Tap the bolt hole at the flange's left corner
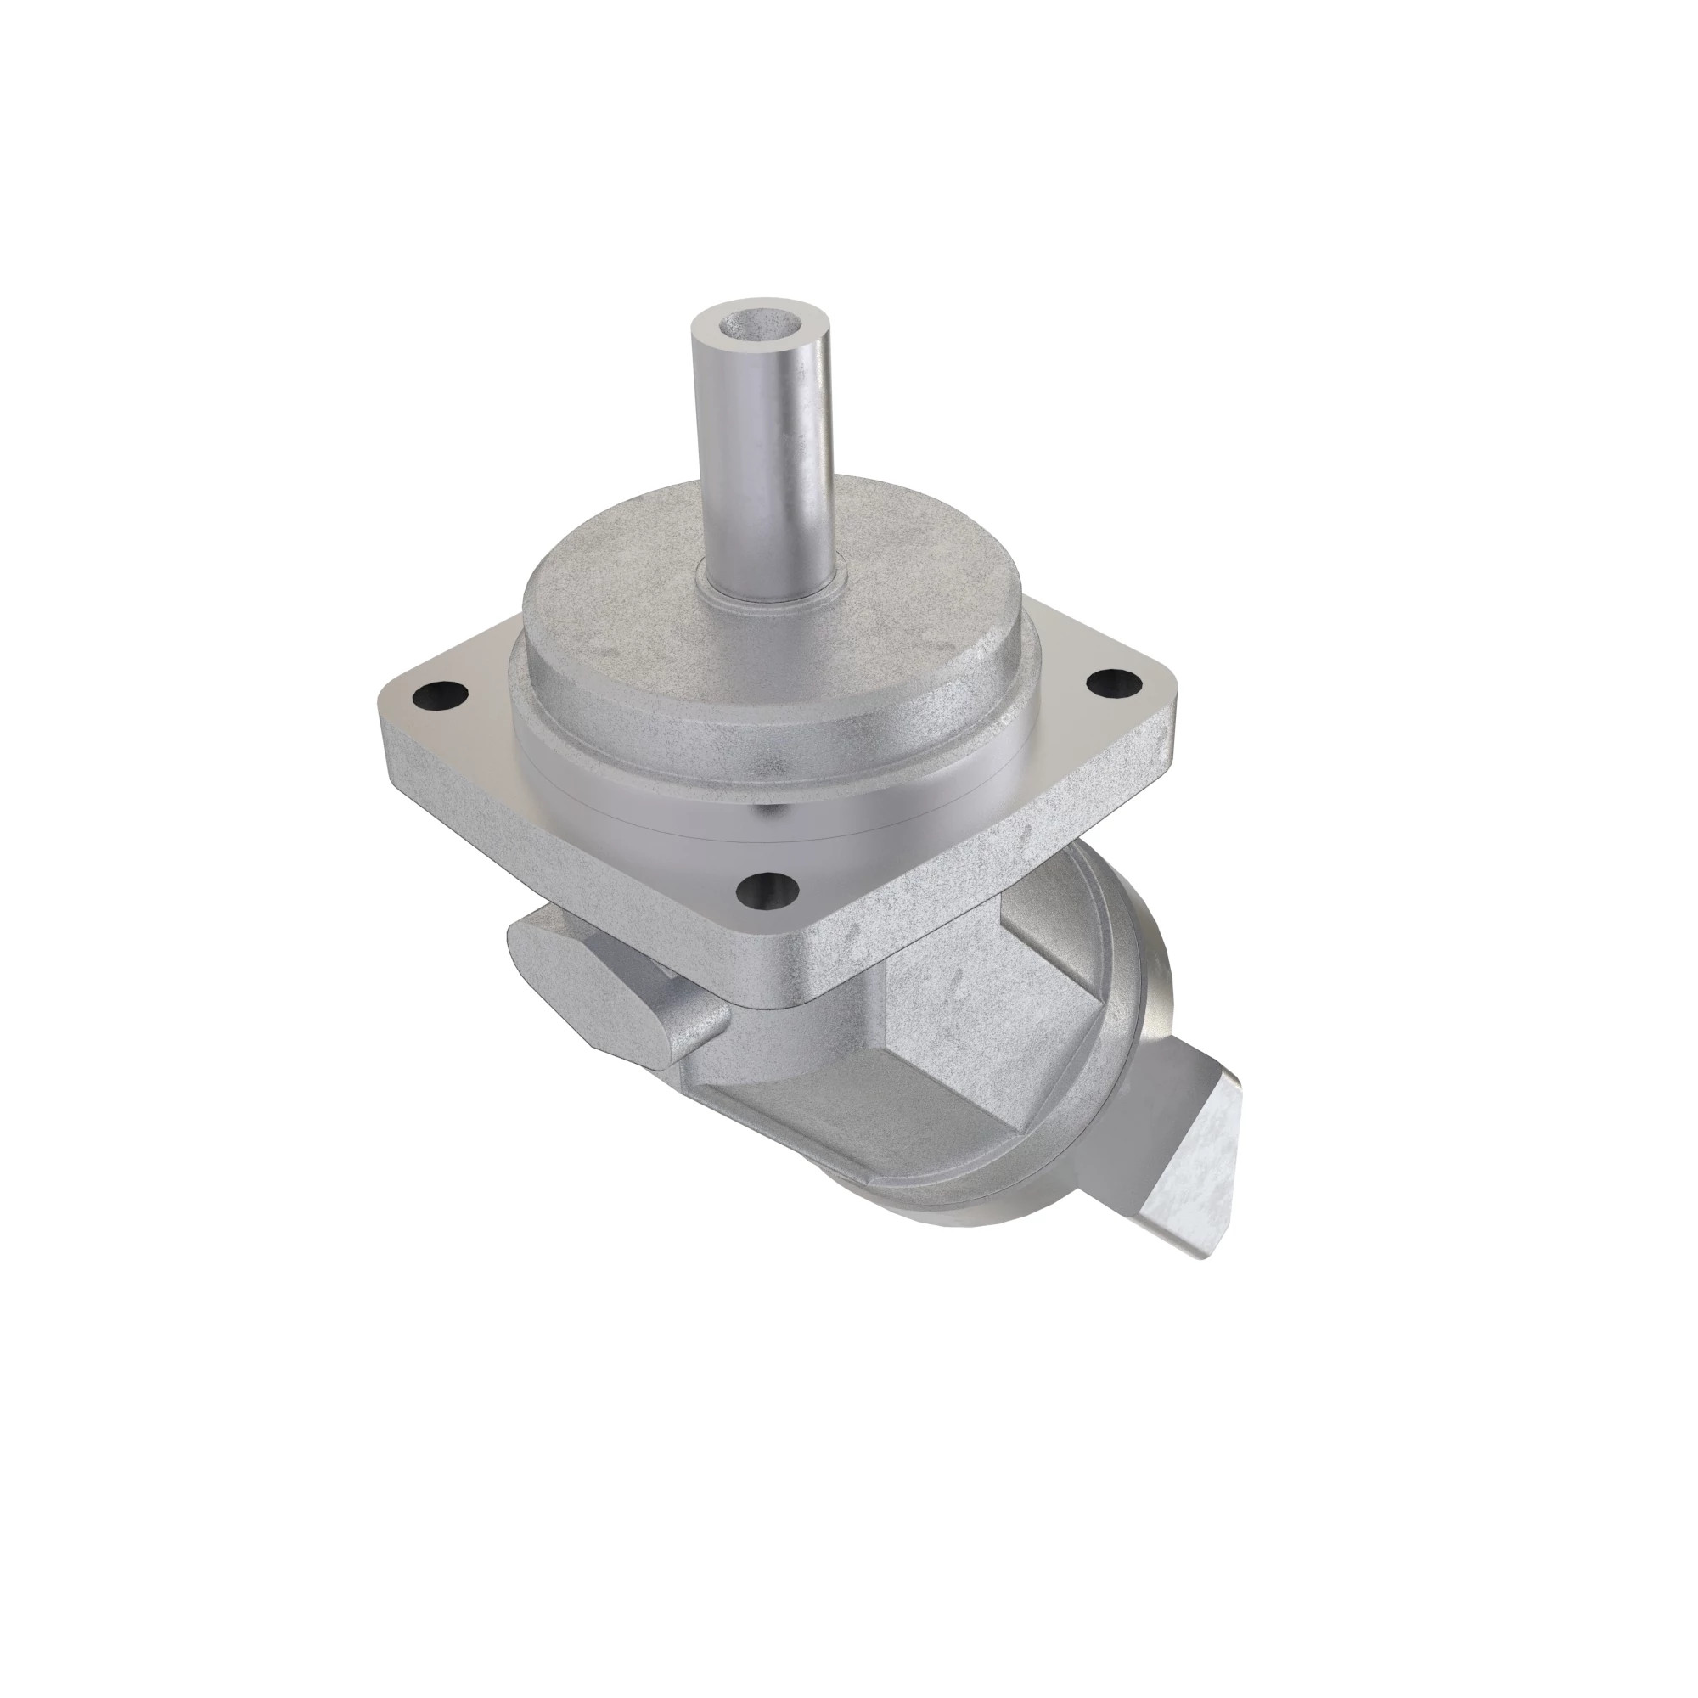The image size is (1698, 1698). pos(436,696)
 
